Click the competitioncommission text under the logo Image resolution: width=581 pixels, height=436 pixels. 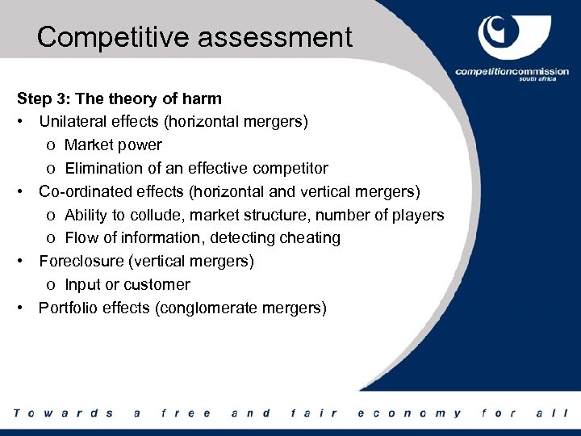tap(512, 72)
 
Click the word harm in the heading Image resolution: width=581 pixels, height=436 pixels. tap(203, 99)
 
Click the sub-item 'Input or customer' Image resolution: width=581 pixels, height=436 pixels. tap(127, 285)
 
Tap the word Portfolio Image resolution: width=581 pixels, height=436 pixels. tap(68, 308)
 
